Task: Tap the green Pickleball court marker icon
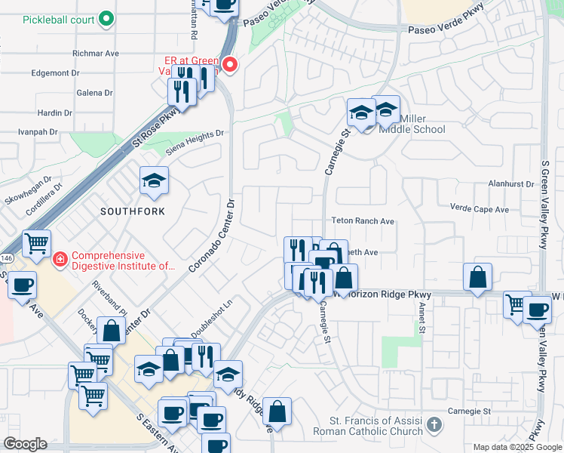(106, 18)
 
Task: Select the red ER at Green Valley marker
(230, 65)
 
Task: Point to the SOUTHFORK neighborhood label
(133, 211)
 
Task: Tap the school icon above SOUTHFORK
(154, 181)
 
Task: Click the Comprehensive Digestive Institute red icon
(59, 260)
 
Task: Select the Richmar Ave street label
(96, 54)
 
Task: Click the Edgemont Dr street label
(55, 73)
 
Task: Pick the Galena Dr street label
(94, 93)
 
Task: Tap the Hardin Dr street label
(54, 113)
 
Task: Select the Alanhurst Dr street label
(510, 183)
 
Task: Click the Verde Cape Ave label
(479, 209)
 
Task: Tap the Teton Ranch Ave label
(363, 222)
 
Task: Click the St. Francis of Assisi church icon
(434, 425)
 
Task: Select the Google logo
(25, 444)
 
